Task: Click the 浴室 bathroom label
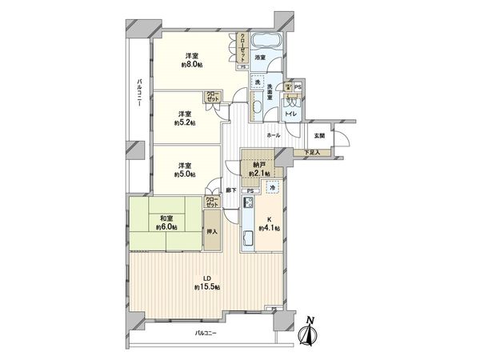(x=260, y=58)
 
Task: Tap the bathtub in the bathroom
(x=264, y=42)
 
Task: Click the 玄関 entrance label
(x=319, y=135)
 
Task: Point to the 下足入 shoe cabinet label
(x=313, y=152)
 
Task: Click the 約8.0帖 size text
(x=191, y=65)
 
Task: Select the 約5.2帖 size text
(x=184, y=123)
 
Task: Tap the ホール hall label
(x=273, y=135)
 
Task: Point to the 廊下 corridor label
(x=230, y=190)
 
